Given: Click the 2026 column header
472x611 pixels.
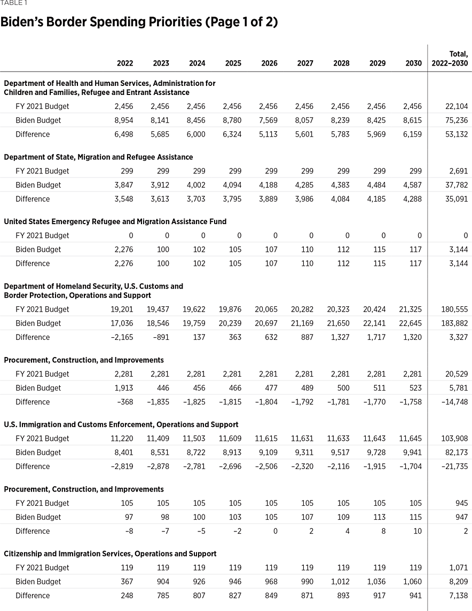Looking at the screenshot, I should [269, 63].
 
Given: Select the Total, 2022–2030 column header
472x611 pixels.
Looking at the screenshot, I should [450, 59].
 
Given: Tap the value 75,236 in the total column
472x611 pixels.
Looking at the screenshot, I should [457, 120].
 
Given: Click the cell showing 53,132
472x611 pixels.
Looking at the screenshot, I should [457, 134].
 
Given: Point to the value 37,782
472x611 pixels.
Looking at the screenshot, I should [457, 185].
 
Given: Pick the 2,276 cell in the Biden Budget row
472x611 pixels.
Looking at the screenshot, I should [124, 249].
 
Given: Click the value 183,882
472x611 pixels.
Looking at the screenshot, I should [454, 323].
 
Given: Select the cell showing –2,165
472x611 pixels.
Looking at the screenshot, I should [122, 337].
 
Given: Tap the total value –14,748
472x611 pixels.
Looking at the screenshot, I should [454, 402].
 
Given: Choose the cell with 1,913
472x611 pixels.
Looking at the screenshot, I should [124, 388].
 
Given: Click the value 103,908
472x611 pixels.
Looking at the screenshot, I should [454, 438].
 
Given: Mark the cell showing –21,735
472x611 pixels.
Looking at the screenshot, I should [454, 466].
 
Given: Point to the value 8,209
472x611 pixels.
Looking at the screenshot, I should [458, 582].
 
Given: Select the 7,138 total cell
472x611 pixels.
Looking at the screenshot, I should [458, 596].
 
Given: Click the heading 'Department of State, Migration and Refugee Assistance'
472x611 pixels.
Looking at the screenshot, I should [98, 157].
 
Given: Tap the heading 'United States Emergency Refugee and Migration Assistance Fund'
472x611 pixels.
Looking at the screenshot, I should [115, 221].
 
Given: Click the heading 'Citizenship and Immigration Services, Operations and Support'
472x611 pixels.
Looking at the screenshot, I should [110, 554].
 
